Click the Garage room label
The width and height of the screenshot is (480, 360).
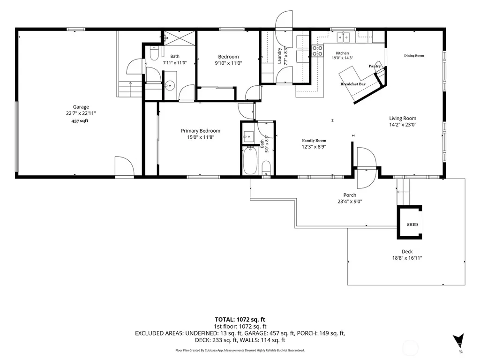[x=81, y=107]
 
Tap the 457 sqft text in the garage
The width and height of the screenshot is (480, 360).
[x=80, y=121]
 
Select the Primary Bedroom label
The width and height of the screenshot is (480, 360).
[x=201, y=131]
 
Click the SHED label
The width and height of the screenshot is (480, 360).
[x=412, y=225]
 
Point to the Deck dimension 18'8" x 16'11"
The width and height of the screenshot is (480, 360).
[x=407, y=258]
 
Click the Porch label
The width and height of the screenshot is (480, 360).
[x=350, y=195]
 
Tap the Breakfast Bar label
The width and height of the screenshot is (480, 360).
[x=353, y=84]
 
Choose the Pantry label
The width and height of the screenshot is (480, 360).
[x=375, y=66]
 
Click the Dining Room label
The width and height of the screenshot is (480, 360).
[x=414, y=55]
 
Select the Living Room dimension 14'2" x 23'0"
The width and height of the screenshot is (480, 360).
[x=403, y=125]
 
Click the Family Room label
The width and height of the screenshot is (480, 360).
[x=314, y=141]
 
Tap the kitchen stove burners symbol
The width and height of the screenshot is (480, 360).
[x=317, y=51]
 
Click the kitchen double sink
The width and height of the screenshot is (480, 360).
[x=344, y=37]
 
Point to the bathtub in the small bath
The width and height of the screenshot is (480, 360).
[x=250, y=161]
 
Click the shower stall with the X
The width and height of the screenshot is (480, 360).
[x=180, y=38]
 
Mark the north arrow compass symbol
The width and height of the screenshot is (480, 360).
[x=458, y=340]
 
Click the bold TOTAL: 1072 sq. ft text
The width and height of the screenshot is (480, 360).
[x=240, y=320]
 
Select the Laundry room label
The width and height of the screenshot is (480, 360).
[x=279, y=56]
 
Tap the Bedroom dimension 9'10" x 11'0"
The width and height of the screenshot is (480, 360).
[x=228, y=63]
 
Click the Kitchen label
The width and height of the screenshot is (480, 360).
[x=342, y=53]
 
